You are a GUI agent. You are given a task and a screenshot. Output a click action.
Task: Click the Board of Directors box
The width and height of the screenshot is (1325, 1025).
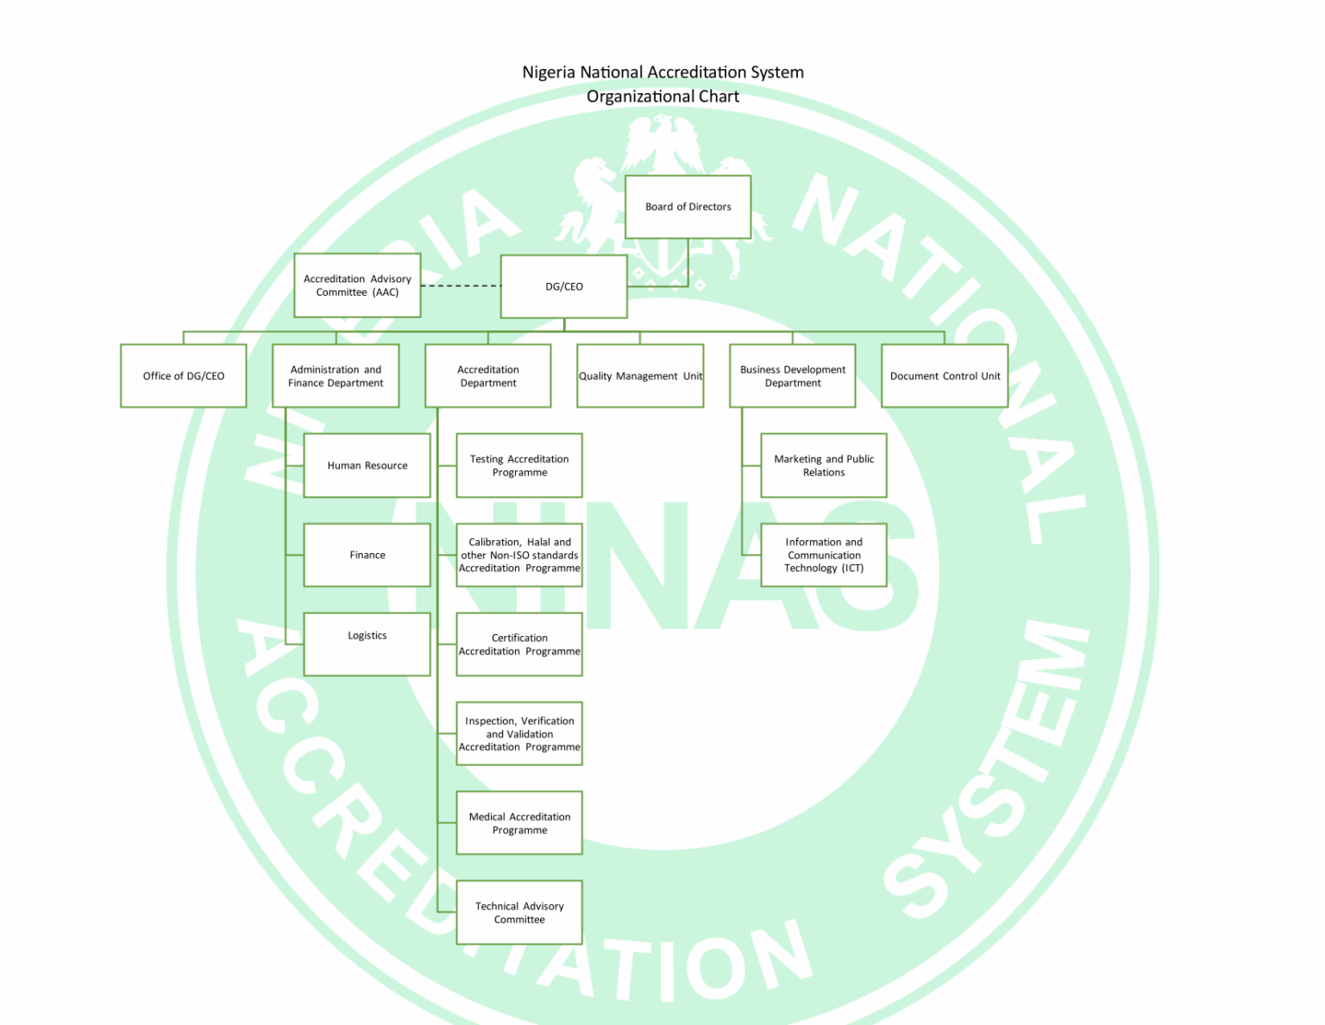point(688,207)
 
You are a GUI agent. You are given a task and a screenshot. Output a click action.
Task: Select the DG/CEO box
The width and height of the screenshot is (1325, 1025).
point(563,286)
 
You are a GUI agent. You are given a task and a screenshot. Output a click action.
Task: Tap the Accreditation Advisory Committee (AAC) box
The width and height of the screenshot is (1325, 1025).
point(357,286)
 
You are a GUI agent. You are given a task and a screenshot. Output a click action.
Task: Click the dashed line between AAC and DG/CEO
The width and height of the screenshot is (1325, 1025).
point(461,286)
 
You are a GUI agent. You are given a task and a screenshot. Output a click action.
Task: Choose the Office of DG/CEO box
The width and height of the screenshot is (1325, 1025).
point(184,376)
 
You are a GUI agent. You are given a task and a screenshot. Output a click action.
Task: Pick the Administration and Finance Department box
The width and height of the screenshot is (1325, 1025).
point(336,376)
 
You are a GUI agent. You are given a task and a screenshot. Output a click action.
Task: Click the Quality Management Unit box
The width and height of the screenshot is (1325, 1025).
point(640,376)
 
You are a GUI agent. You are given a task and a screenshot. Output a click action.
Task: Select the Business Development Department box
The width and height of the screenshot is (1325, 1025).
point(792,376)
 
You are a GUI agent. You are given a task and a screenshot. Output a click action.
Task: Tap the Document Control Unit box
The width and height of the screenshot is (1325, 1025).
point(945,376)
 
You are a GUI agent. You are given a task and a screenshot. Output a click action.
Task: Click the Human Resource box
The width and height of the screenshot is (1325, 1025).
point(367,466)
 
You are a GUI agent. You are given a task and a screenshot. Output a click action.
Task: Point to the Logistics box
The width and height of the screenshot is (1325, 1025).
point(367,644)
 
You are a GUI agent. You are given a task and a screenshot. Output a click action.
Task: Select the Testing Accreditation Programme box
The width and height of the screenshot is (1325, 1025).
point(519,466)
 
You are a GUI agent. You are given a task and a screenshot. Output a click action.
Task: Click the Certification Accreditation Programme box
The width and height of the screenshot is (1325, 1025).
point(519,645)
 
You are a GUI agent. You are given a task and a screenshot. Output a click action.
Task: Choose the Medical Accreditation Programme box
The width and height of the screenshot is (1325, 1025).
point(519,823)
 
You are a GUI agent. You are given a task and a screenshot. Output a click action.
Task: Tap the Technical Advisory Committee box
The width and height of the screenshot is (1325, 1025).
point(519,913)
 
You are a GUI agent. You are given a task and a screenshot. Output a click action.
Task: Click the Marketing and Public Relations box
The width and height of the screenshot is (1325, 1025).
point(824,466)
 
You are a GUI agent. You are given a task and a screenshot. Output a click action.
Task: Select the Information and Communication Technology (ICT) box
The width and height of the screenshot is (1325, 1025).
point(824,556)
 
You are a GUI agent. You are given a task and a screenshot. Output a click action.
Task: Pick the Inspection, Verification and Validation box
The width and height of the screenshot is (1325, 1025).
point(519,734)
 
